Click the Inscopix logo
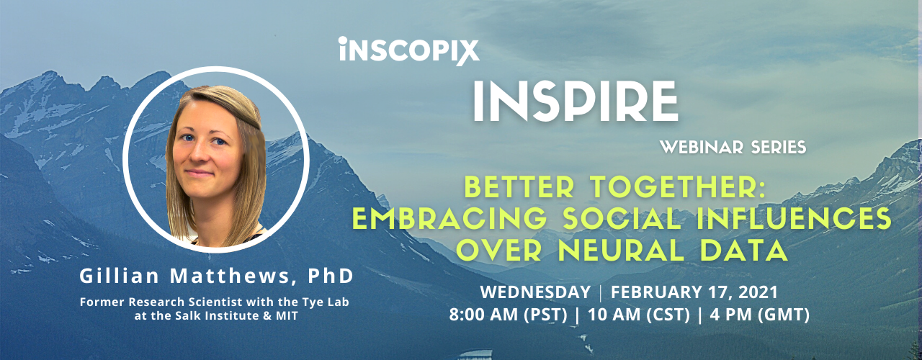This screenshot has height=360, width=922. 409,51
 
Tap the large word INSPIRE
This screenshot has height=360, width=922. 576,102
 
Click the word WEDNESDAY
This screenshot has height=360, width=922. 535,292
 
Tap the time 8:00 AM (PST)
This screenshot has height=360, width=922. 508,315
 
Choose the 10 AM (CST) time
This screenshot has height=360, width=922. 638,315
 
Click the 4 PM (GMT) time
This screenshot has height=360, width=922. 759,315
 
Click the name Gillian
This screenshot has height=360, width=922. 120,276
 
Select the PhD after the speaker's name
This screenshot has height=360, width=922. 331,276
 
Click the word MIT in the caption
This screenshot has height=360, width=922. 287,316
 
